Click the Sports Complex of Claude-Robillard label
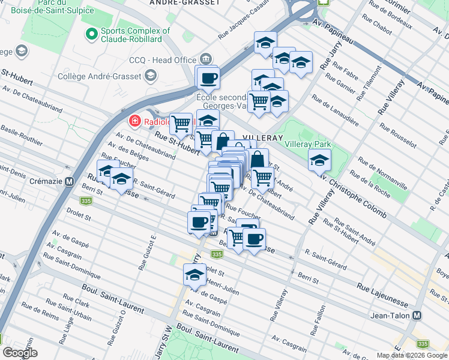[136, 35]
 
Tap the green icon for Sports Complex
[92, 34]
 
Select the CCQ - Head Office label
[163, 60]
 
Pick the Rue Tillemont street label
[370, 83]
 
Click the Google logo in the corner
[20, 353]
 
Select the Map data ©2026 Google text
[412, 355]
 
